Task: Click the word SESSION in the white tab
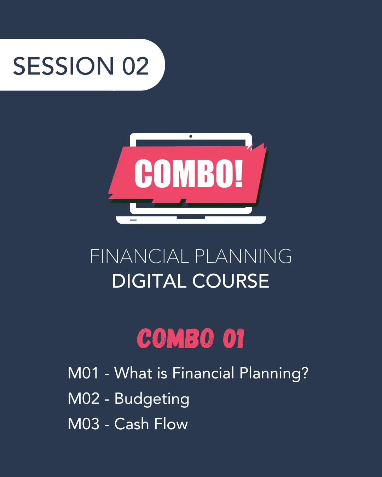pyautogui.click(x=63, y=66)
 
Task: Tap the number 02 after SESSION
pyautogui.click(x=135, y=66)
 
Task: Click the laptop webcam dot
pyautogui.click(x=191, y=136)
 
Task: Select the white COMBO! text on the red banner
pyautogui.click(x=189, y=173)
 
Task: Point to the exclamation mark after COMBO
pyautogui.click(x=239, y=173)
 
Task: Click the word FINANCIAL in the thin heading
pyautogui.click(x=139, y=256)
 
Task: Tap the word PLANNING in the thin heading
pyautogui.click(x=243, y=256)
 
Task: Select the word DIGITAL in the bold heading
pyautogui.click(x=149, y=281)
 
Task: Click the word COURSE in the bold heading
pyautogui.click(x=231, y=281)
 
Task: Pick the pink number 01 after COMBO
pyautogui.click(x=233, y=338)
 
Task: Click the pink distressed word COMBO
pyautogui.click(x=175, y=338)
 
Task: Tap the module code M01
pyautogui.click(x=83, y=373)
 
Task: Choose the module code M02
pyautogui.click(x=83, y=399)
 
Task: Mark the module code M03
pyautogui.click(x=83, y=424)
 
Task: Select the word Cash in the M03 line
pyautogui.click(x=132, y=424)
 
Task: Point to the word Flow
pyautogui.click(x=171, y=424)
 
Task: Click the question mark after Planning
pyautogui.click(x=304, y=373)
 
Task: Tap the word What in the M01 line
pyautogui.click(x=133, y=373)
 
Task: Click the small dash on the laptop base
pyautogui.click(x=133, y=220)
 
